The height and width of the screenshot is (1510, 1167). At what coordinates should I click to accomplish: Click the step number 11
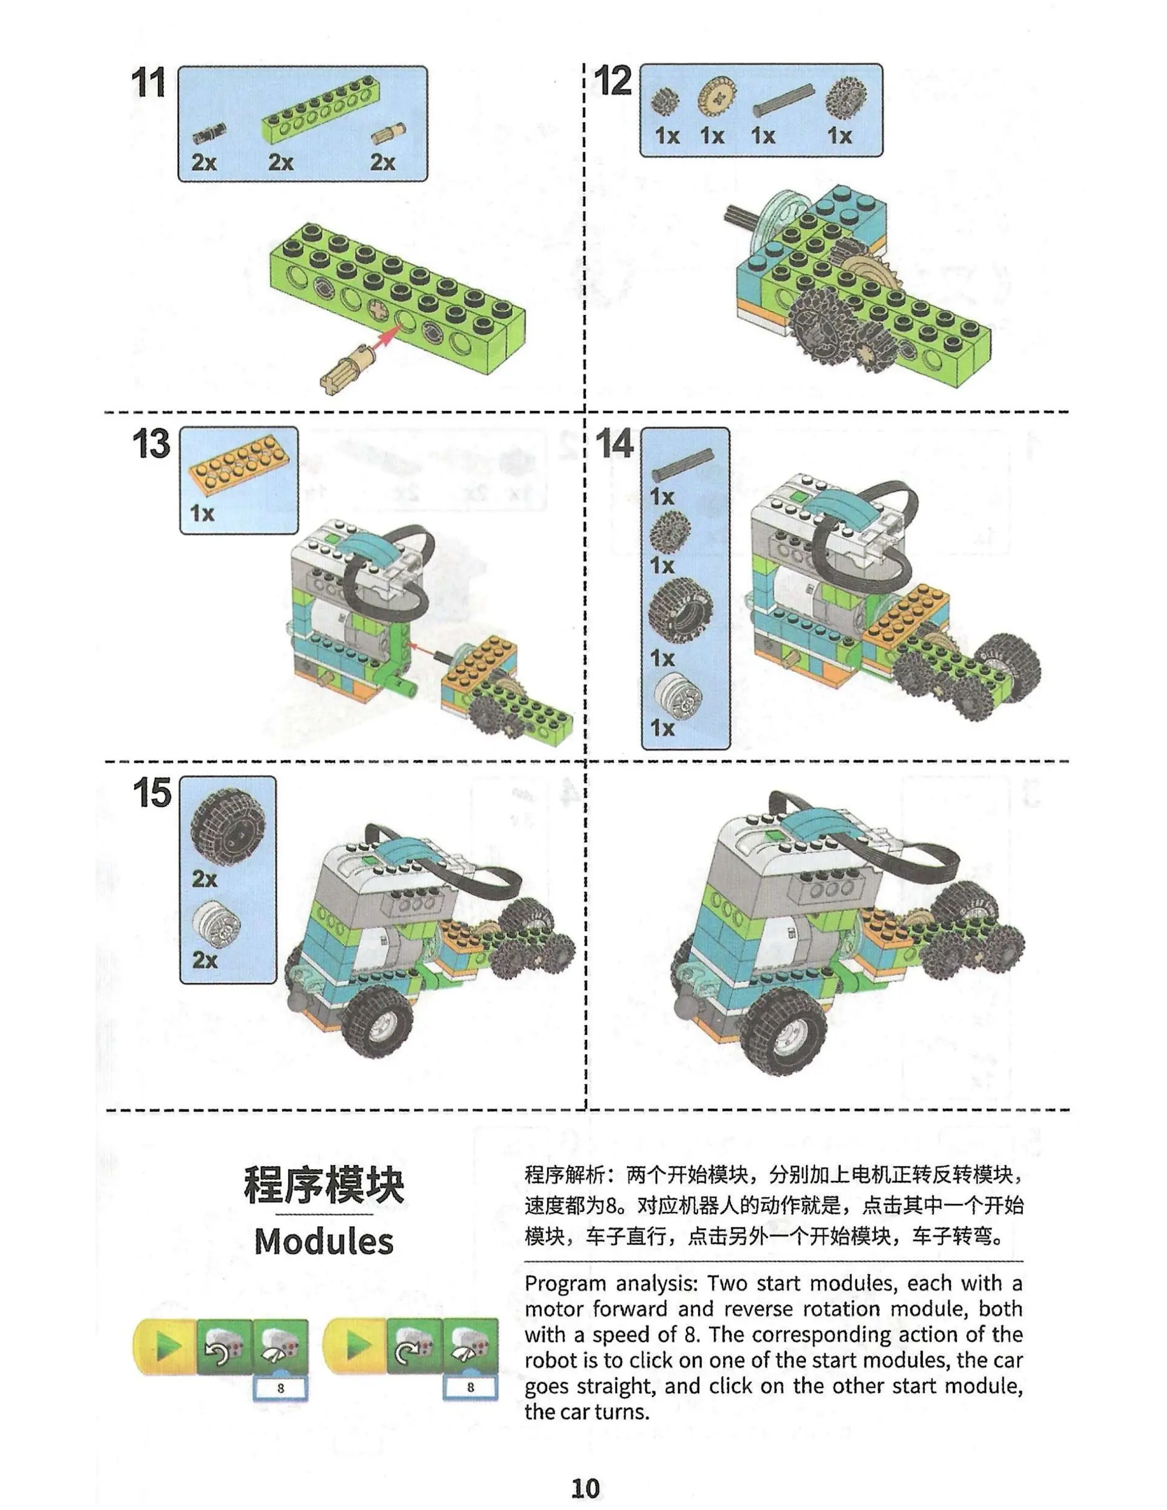149,84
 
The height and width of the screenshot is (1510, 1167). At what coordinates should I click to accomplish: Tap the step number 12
613,81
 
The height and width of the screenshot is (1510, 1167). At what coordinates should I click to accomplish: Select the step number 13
150,444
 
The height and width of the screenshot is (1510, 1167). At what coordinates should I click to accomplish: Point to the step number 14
614,444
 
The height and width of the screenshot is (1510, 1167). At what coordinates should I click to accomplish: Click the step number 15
152,793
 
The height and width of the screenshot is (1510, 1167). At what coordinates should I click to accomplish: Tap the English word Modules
324,1241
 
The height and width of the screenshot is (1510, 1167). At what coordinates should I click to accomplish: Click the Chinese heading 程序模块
324,1185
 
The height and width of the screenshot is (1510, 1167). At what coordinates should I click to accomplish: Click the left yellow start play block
165,1345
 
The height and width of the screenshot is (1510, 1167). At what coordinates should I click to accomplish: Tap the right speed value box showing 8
470,1387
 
